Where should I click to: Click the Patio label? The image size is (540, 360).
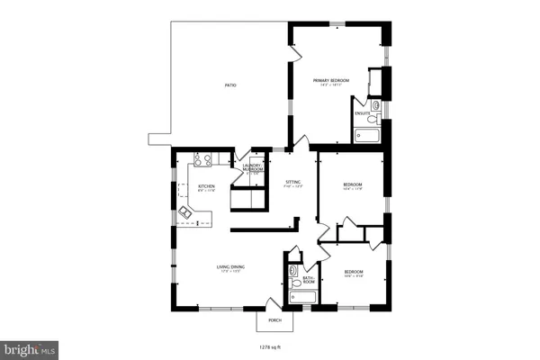[x=231, y=85]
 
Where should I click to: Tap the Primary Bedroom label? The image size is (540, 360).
[x=330, y=82]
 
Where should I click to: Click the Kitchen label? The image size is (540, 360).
[x=206, y=188]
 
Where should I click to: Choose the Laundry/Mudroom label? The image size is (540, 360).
[x=253, y=168]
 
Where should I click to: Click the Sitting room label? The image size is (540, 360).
[x=293, y=184]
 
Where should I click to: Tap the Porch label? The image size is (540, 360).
[x=274, y=320]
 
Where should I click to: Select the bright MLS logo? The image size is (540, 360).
[x=31, y=347]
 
